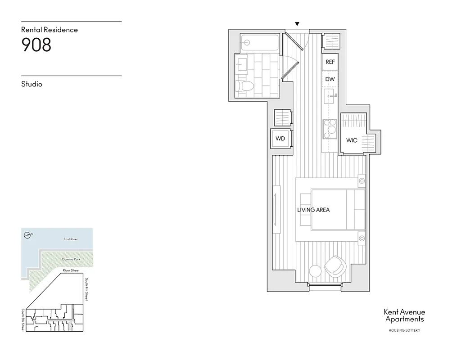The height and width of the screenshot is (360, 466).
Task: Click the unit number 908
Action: click(36, 45)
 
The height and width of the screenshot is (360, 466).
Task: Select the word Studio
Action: click(32, 84)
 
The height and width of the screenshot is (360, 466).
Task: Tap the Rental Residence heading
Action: click(50, 30)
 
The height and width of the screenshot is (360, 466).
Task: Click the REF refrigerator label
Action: click(330, 62)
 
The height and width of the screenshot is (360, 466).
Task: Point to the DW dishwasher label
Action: click(330, 79)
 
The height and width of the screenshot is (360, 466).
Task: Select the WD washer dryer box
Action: click(281, 139)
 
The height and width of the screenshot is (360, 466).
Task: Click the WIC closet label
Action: click(352, 140)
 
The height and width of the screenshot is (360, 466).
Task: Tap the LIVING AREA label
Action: click(313, 210)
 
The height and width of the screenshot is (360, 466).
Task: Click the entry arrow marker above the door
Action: click(297, 24)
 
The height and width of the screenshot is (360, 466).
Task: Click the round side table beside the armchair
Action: click(315, 271)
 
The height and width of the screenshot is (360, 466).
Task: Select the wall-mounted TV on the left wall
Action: click(276, 203)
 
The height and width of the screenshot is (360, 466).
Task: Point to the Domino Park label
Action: click(71, 260)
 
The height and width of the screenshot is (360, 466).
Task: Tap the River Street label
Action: click(71, 270)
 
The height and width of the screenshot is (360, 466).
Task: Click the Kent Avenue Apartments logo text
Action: click(404, 315)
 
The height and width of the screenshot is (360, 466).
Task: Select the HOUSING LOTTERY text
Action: click(404, 331)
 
